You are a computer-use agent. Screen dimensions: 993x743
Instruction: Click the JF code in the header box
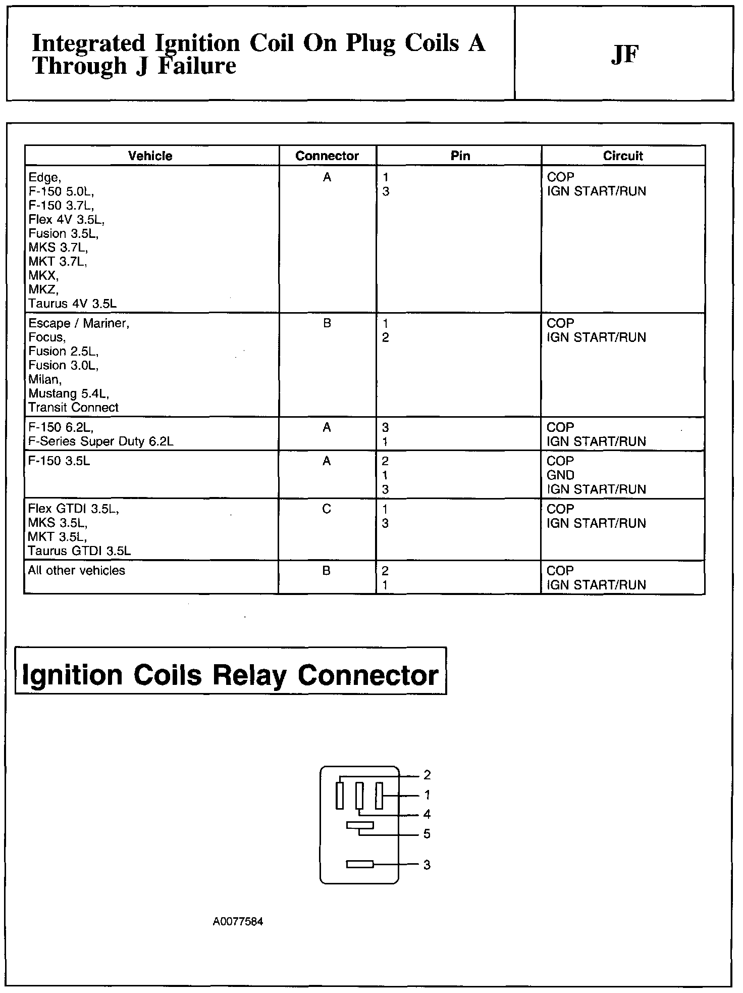tap(624, 54)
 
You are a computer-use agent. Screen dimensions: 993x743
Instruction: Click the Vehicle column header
tap(150, 156)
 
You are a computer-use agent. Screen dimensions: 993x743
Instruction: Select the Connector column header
tap(327, 156)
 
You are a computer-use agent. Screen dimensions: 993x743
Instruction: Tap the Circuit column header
tap(623, 156)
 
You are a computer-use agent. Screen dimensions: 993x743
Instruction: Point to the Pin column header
tap(460, 156)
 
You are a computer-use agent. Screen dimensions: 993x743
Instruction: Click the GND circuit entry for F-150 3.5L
tap(560, 475)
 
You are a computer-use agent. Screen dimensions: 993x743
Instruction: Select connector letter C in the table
tap(327, 509)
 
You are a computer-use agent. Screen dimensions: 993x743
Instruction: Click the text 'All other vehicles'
tap(77, 570)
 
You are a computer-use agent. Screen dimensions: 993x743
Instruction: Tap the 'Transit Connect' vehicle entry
tap(74, 407)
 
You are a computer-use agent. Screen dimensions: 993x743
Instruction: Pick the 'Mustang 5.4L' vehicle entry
tap(69, 393)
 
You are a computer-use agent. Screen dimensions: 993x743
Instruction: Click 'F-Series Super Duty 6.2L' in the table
tap(101, 441)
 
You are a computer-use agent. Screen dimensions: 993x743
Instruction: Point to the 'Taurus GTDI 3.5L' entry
tap(79, 551)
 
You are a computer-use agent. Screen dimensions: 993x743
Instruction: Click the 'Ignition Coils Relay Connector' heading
tap(231, 675)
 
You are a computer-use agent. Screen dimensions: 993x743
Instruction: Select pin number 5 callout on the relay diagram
tap(427, 833)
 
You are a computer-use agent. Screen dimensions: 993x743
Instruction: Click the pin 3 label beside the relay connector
tap(427, 865)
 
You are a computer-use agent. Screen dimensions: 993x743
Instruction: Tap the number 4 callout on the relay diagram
tap(427, 814)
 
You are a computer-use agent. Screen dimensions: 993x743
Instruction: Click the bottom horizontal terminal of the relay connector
tap(360, 864)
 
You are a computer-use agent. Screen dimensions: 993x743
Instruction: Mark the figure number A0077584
tap(238, 921)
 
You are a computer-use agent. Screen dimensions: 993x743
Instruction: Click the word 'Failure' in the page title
tap(197, 66)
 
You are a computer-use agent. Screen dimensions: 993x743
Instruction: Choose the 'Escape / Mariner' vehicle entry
tap(79, 323)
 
